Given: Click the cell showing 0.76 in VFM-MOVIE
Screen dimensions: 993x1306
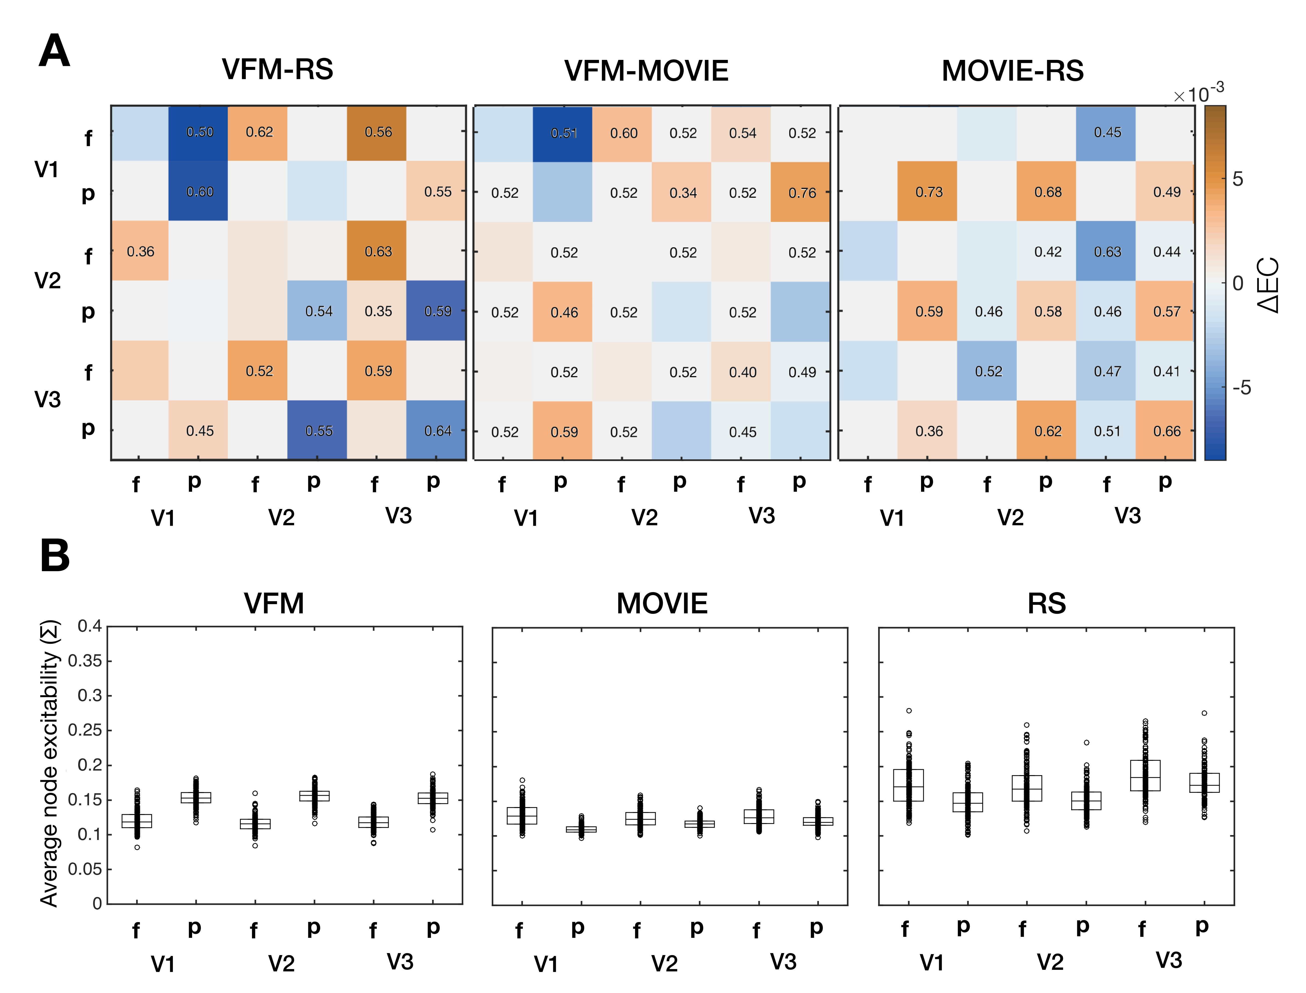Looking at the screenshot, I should click(x=801, y=193).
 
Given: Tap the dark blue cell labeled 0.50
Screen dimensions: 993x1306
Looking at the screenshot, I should click(x=199, y=132).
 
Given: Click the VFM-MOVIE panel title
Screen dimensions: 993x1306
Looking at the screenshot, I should click(x=646, y=71).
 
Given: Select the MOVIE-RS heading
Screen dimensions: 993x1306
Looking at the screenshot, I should click(x=1012, y=71).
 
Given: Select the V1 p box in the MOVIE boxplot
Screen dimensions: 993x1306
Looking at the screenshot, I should click(x=581, y=829).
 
